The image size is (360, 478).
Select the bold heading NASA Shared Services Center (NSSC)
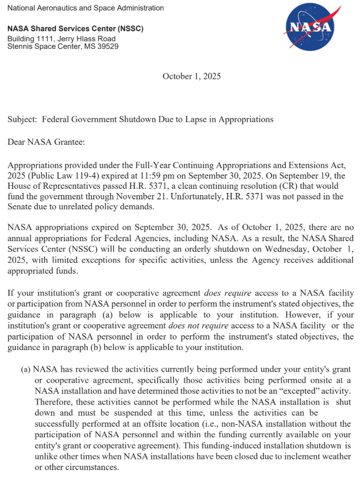pos(75,29)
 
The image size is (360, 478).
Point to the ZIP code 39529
pos(108,47)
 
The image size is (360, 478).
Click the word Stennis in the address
pos(21,47)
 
